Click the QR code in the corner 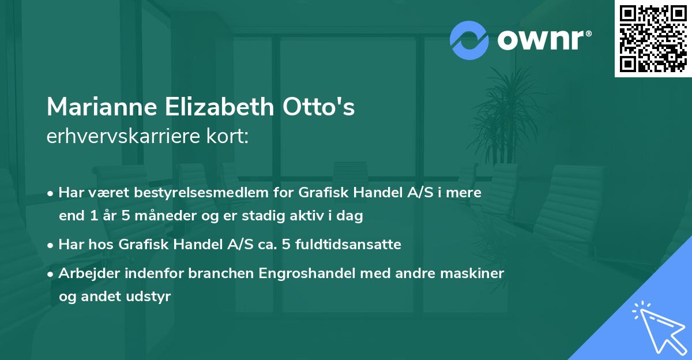coord(653,39)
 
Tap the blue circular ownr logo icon coord(469,39)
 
